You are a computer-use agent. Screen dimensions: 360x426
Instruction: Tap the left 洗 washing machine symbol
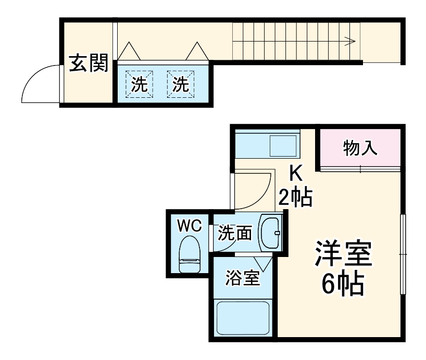point(139,84)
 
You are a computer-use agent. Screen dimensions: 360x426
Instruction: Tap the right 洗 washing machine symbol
point(180,84)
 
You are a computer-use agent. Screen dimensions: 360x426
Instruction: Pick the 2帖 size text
point(295,197)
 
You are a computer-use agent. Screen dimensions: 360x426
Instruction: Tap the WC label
point(189,226)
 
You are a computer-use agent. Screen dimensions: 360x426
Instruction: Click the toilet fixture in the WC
point(189,254)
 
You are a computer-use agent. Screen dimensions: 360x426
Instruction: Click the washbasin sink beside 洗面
point(270,233)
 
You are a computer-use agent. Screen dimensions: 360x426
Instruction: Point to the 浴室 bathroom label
point(242,278)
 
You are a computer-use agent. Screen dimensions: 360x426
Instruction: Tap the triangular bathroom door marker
point(264,263)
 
